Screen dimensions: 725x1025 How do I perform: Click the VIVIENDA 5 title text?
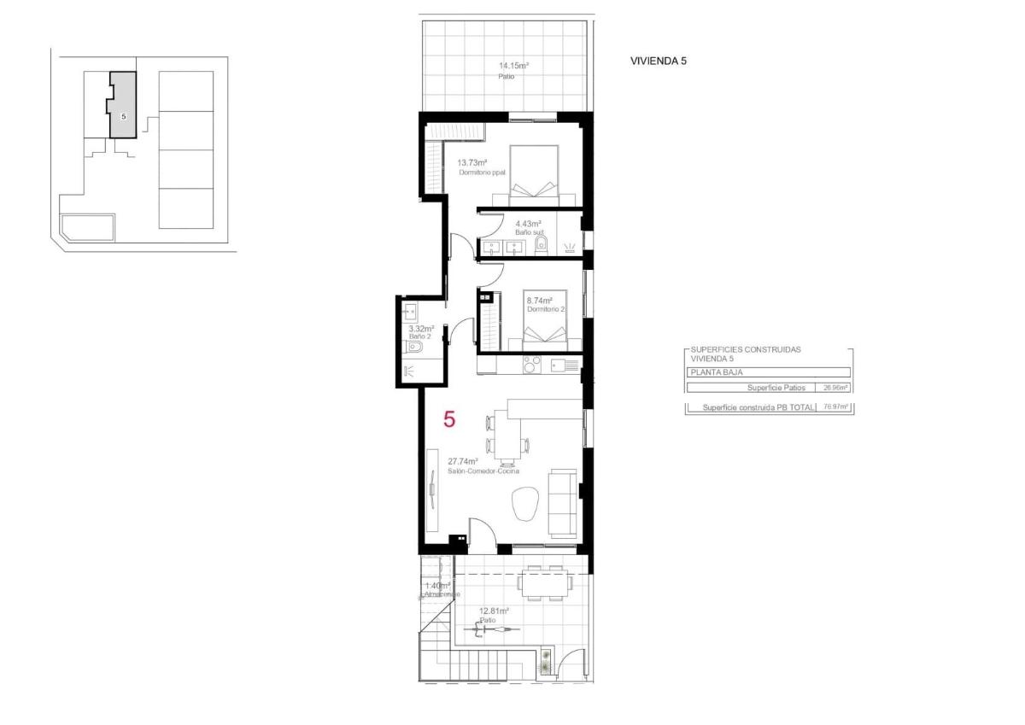point(658,61)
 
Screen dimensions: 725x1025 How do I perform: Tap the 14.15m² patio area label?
point(513,66)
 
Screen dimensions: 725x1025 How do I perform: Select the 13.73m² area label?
point(471,162)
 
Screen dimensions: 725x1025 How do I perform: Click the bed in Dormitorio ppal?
point(534,175)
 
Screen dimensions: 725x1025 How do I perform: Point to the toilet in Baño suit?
point(540,247)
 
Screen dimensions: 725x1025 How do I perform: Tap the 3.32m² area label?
point(421,329)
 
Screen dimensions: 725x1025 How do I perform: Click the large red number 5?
point(449,419)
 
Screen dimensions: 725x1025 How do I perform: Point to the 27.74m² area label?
point(462,461)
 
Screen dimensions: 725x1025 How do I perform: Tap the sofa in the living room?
point(563,501)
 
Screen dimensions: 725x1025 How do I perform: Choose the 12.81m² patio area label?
point(494,611)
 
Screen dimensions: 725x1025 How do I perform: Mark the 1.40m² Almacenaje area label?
point(437,586)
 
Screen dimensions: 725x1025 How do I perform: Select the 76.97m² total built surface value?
point(835,407)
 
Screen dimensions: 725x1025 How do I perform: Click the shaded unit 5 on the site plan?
point(123,107)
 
